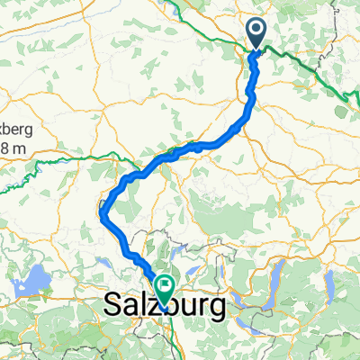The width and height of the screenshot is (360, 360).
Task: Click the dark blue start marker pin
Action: click(x=256, y=34)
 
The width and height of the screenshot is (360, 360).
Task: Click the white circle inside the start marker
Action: click(x=256, y=31)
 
